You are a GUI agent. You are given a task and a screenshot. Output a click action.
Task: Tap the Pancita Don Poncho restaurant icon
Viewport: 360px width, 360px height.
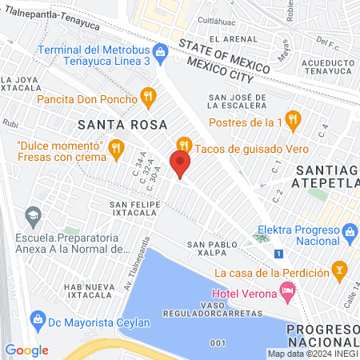pos(146,99)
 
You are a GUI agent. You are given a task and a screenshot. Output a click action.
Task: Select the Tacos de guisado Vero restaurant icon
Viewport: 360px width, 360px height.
pos(186,144)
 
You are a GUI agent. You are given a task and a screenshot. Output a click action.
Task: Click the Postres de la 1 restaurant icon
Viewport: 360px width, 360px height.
pos(294,122)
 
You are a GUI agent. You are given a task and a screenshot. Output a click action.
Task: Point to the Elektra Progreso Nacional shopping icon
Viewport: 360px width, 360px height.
pos(349,235)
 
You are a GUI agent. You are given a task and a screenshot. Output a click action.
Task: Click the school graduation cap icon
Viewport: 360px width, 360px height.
pos(33,215)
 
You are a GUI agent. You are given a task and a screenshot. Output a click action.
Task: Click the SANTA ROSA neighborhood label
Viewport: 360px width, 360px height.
pos(122,125)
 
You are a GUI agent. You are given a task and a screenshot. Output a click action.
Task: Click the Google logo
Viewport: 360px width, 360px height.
pos(26,350)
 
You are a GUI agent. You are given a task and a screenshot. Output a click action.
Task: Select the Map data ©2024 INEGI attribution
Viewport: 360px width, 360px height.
pos(311,354)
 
